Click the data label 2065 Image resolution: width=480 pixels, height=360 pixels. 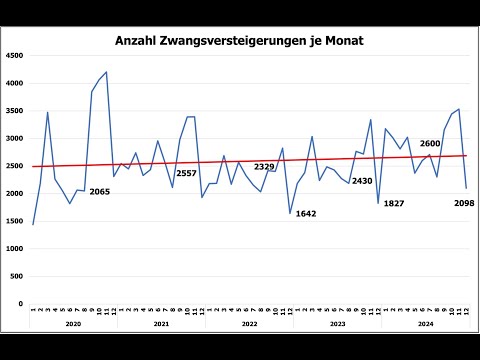pyautogui.click(x=100, y=191)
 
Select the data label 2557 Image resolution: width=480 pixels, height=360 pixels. pyautogui.click(x=187, y=173)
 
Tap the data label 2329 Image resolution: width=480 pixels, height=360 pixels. pyautogui.click(x=265, y=166)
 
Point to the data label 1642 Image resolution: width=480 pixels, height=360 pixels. pyautogui.click(x=306, y=213)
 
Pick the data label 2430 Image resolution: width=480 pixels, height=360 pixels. pyautogui.click(x=362, y=181)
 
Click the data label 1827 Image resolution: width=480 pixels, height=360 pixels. pyautogui.click(x=394, y=203)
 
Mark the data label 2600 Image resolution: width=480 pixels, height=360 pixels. pyautogui.click(x=430, y=143)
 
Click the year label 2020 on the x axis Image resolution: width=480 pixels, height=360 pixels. pyautogui.click(x=73, y=324)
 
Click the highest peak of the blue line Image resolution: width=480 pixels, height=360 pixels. pyautogui.click(x=106, y=72)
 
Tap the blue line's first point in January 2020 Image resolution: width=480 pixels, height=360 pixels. pyautogui.click(x=33, y=224)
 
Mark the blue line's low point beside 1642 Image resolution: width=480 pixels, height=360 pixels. pyautogui.click(x=290, y=213)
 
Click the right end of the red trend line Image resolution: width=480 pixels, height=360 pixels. pyautogui.click(x=466, y=155)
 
